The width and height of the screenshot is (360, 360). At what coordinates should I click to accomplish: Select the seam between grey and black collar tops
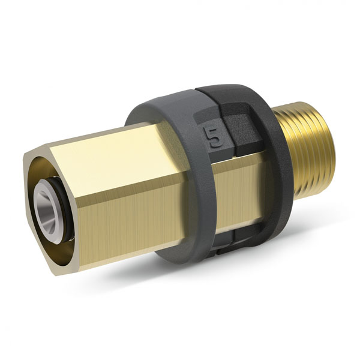click(x=198, y=90)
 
